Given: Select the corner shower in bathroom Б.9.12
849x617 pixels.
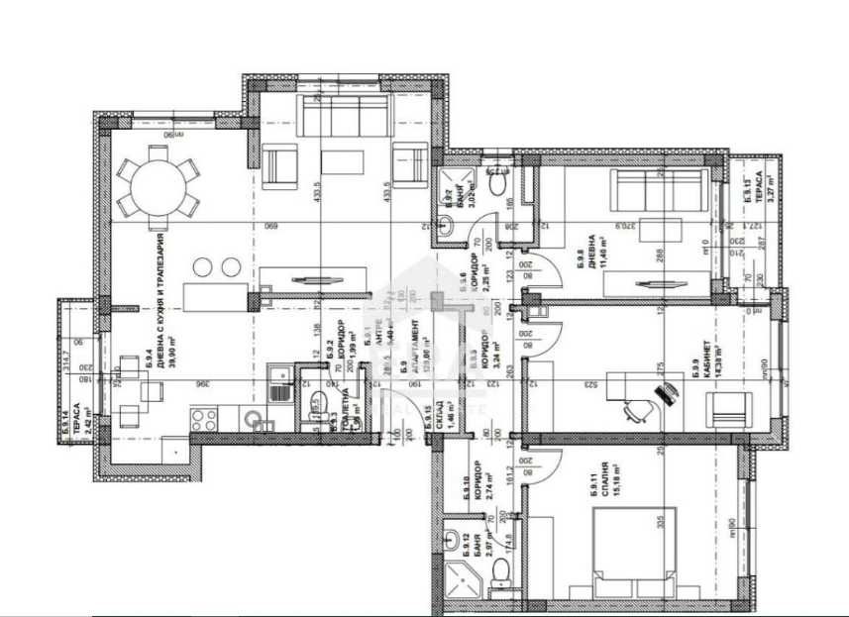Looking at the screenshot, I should click(460, 575).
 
